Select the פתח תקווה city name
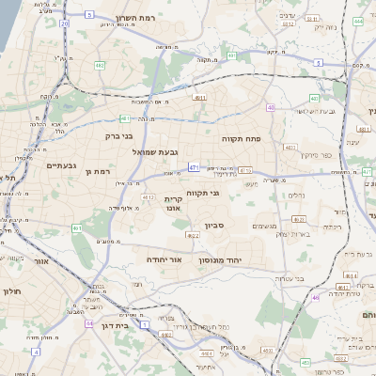pos(241,138)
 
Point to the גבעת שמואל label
pos(149,151)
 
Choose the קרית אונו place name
pos(172,204)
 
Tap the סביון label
pos(214,226)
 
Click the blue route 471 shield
pos(193,167)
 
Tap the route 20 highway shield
pos(64,23)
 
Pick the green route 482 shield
pos(100,66)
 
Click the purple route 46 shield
pos(316,297)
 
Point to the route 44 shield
pos(88,323)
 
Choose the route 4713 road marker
pos(245,170)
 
